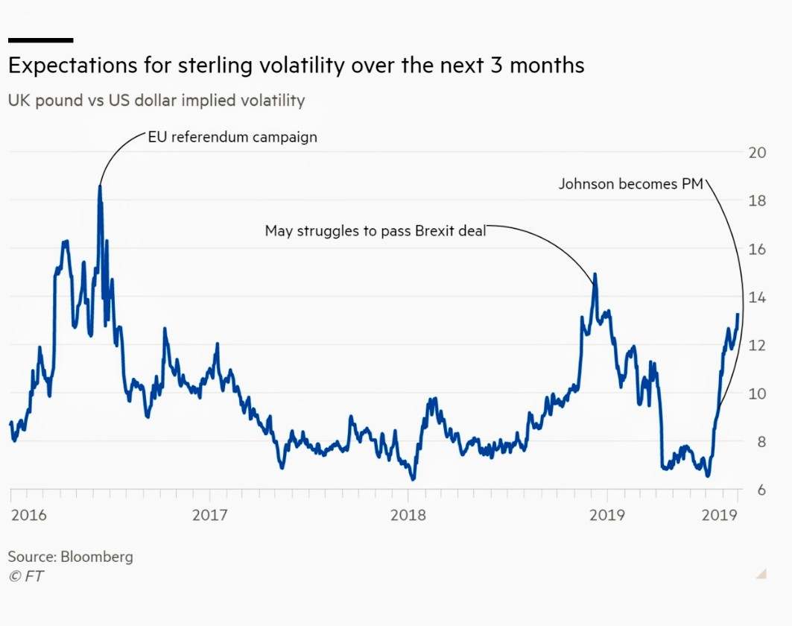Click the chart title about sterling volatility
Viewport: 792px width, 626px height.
296,66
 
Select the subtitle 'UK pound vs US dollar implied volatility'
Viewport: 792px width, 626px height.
156,100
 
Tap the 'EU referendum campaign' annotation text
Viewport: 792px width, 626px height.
232,137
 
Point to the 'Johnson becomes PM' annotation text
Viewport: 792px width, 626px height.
630,183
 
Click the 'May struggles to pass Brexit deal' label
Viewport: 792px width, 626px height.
375,231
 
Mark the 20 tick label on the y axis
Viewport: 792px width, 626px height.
756,153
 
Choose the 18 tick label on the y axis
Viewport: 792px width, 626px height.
756,200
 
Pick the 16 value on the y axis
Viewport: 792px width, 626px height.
756,249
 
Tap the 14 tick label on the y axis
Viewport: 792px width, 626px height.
756,297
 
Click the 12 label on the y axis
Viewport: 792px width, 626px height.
756,345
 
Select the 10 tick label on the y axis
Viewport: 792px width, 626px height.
756,393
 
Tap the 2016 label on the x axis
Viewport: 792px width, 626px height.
28,515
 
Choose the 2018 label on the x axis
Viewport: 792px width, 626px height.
408,515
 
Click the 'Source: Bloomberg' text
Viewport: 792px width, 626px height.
70,557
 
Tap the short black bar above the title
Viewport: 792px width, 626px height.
40,39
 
